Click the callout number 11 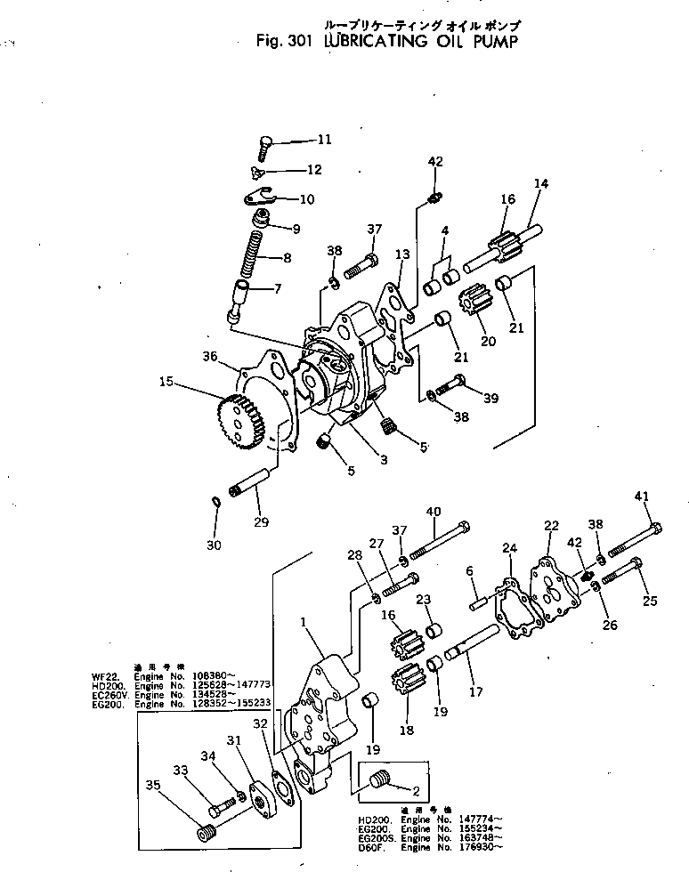[323, 139]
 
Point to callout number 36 [211, 356]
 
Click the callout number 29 [261, 521]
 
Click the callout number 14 [540, 184]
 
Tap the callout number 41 [643, 496]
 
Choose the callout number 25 [650, 601]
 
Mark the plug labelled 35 [206, 834]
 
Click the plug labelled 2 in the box [380, 781]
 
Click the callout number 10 [306, 198]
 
